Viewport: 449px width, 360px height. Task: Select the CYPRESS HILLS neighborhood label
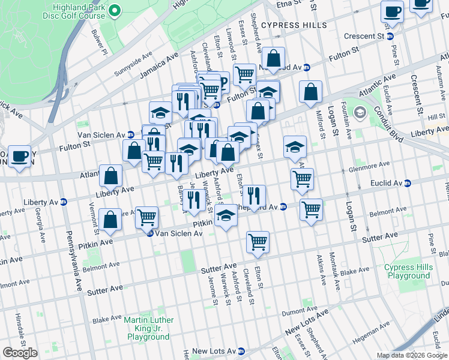point(294,25)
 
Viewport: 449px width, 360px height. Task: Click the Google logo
point(20,353)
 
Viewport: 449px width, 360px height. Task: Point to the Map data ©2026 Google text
point(411,355)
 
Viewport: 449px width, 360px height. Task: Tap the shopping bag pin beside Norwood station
point(273,59)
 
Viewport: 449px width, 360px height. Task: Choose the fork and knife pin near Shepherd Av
point(254,196)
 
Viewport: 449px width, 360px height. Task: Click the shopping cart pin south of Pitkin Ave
point(258,242)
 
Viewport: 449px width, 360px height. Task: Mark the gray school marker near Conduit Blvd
point(360,112)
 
